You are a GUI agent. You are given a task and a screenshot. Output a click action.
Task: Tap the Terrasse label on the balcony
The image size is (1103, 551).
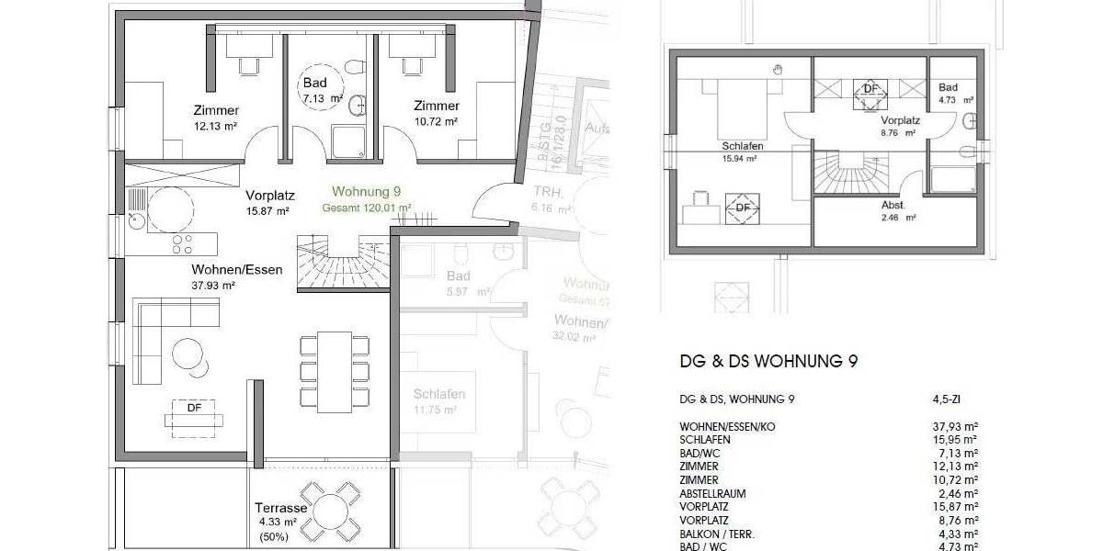pyautogui.click(x=281, y=507)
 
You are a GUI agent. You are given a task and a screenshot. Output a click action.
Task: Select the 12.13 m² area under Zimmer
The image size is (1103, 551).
pyautogui.click(x=216, y=127)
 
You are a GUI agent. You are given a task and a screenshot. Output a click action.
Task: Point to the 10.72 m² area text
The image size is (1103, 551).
pyautogui.click(x=435, y=120)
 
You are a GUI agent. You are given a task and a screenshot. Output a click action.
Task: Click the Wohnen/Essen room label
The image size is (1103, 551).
pyautogui.click(x=237, y=270)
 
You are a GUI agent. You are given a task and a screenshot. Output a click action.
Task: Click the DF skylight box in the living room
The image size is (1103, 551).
pyautogui.click(x=194, y=413)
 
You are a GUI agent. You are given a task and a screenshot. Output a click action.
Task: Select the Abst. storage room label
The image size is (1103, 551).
pyautogui.click(x=894, y=206)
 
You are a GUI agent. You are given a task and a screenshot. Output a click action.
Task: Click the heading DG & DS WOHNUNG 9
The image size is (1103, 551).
pyautogui.click(x=769, y=362)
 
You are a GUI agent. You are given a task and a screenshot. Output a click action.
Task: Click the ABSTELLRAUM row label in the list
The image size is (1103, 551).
pyautogui.click(x=712, y=493)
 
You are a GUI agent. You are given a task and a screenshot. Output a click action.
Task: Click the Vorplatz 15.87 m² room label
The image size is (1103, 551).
pyautogui.click(x=267, y=202)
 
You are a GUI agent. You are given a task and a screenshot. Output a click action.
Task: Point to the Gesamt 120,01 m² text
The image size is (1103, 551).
pyautogui.click(x=366, y=208)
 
